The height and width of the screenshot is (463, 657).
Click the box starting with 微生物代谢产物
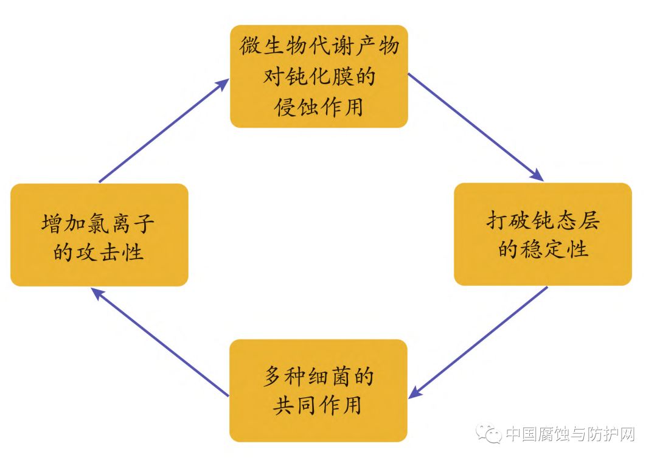318,76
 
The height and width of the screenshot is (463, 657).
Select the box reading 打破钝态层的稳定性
543,234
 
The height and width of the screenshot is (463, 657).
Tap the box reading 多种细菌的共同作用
318,390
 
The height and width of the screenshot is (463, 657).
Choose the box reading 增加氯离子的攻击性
99,235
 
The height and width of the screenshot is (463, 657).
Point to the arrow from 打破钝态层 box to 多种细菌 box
478,343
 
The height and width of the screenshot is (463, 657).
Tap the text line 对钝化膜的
318,77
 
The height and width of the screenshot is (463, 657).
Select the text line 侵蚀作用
318,107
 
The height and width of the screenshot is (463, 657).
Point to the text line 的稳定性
543,249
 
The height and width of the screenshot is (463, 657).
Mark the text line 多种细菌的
318,376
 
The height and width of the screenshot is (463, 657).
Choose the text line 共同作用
318,405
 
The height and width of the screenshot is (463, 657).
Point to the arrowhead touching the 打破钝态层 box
537,176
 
